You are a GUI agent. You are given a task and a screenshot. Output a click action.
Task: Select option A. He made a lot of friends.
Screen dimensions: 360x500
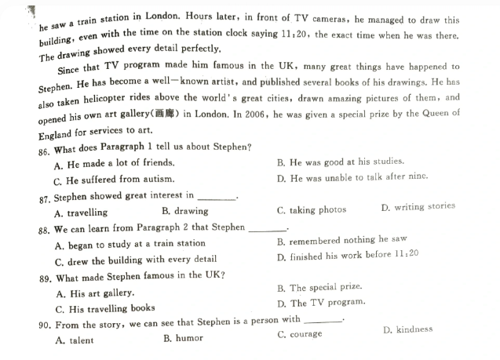coord(114,164)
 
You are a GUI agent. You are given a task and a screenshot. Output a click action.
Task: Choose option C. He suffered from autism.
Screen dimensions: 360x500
coord(113,180)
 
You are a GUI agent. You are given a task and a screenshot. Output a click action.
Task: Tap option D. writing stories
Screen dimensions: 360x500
coord(418,207)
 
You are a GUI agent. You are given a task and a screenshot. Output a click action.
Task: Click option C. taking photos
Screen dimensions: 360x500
coord(311,210)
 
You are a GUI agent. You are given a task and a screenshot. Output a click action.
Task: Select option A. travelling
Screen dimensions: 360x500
coord(81,213)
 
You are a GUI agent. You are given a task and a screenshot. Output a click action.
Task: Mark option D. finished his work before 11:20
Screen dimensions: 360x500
coord(348,256)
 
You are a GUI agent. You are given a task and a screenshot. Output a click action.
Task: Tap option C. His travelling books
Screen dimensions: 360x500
coord(105,309)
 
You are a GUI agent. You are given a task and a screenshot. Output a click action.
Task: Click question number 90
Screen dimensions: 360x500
coord(45,324)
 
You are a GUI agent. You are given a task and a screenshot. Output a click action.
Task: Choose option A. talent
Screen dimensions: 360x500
coord(75,341)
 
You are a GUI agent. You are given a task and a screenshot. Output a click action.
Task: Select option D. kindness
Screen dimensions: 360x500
coord(407,329)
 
